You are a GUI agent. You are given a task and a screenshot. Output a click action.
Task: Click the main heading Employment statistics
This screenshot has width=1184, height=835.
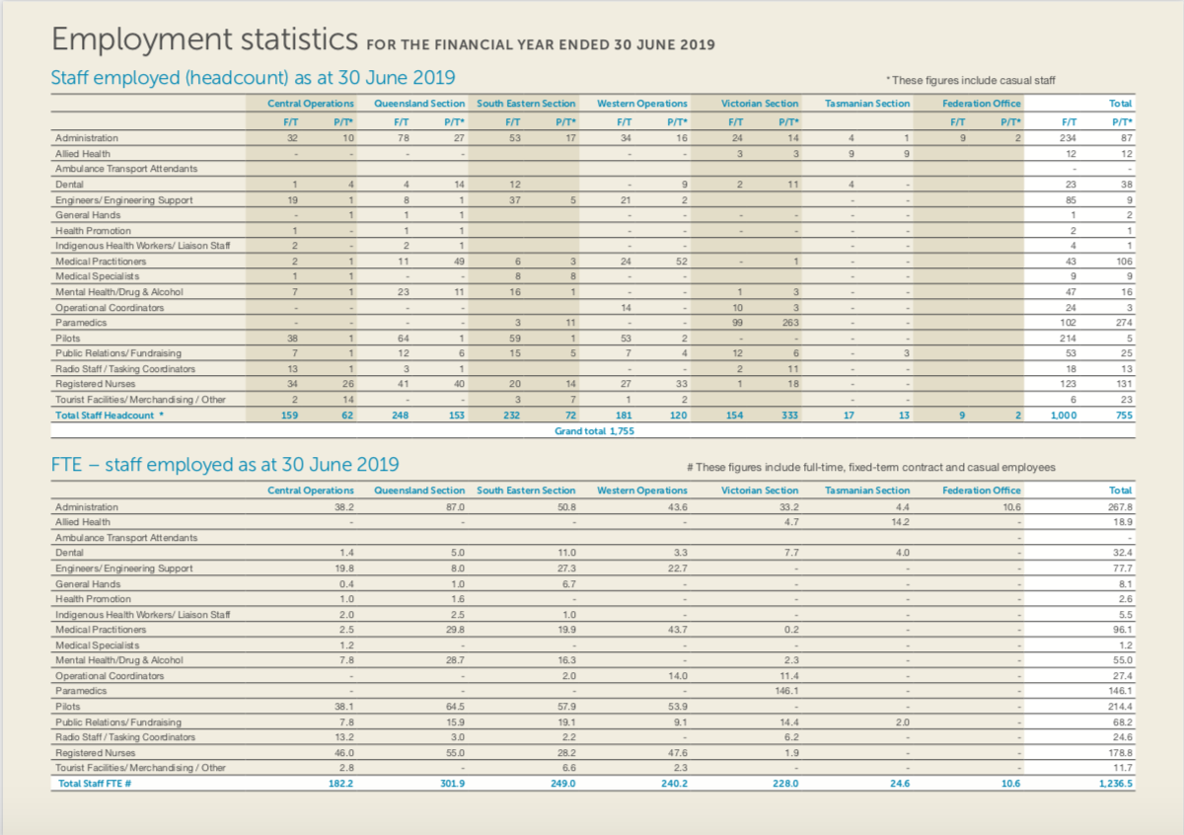point(204,39)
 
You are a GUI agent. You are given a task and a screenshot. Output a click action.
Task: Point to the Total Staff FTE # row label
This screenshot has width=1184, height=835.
point(95,783)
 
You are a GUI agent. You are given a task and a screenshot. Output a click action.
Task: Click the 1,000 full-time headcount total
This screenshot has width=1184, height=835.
point(1062,415)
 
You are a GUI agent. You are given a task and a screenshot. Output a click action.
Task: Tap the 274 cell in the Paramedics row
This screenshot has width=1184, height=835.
point(1122,323)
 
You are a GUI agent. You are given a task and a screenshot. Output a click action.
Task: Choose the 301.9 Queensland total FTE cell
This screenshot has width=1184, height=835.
point(451,783)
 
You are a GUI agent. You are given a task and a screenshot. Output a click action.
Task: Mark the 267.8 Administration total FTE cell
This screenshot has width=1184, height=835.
point(1117,506)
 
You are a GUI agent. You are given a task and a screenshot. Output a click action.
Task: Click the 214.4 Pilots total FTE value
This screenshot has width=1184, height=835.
point(1117,707)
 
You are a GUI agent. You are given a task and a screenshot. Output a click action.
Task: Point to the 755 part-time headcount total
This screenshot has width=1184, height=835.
point(1123,415)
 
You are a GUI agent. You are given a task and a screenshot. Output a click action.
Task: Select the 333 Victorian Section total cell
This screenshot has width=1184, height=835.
point(788,415)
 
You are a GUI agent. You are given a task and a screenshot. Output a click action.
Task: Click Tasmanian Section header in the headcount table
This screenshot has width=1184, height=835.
point(867,103)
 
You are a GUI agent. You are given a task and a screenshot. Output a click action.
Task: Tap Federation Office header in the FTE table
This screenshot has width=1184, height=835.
point(981,491)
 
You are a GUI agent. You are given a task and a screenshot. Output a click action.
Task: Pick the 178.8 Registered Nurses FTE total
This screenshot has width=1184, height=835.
point(1117,752)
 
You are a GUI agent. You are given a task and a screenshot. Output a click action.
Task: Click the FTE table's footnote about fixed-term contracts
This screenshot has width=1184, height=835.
point(871,467)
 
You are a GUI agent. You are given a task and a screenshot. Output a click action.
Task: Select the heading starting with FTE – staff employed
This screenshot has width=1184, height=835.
point(225,465)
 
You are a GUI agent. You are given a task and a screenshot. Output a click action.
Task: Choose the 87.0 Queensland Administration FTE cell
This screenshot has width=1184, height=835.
point(454,506)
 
